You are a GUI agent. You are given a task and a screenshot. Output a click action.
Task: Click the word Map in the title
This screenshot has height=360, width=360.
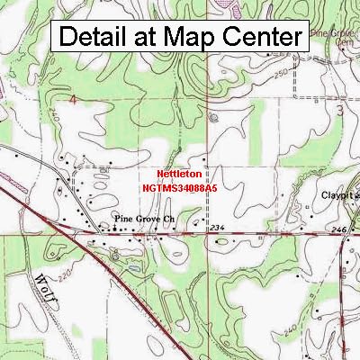coord(189,38)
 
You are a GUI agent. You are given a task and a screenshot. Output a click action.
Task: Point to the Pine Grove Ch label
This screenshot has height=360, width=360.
coord(143,219)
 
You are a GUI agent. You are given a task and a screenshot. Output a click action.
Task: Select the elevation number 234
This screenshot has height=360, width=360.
coord(216,229)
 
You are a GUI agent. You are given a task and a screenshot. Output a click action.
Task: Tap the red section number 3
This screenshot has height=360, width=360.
coord(339,108)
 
